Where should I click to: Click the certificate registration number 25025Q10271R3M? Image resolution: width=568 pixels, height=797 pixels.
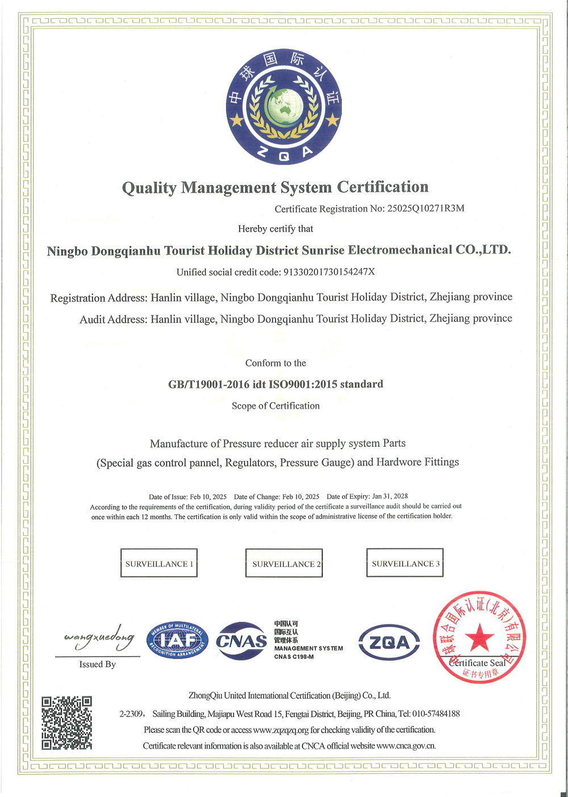(x=425, y=208)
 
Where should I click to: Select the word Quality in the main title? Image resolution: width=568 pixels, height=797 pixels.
(x=149, y=188)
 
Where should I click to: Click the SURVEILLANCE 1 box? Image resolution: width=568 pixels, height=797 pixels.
(x=159, y=563)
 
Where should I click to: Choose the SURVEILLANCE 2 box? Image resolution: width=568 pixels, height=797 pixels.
(x=284, y=563)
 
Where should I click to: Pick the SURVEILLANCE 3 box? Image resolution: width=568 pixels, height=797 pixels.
(x=405, y=563)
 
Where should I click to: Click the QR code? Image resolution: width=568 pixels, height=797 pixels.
(x=67, y=723)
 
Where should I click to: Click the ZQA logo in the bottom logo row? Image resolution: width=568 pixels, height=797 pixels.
(x=389, y=643)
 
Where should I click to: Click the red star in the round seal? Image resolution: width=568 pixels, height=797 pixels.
(x=479, y=637)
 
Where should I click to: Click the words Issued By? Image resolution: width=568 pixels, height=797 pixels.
(x=98, y=664)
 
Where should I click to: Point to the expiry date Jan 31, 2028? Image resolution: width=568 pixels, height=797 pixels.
(x=390, y=496)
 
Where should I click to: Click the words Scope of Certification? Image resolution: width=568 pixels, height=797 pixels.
(x=275, y=406)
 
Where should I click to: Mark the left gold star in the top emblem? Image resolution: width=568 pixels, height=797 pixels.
(x=236, y=120)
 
